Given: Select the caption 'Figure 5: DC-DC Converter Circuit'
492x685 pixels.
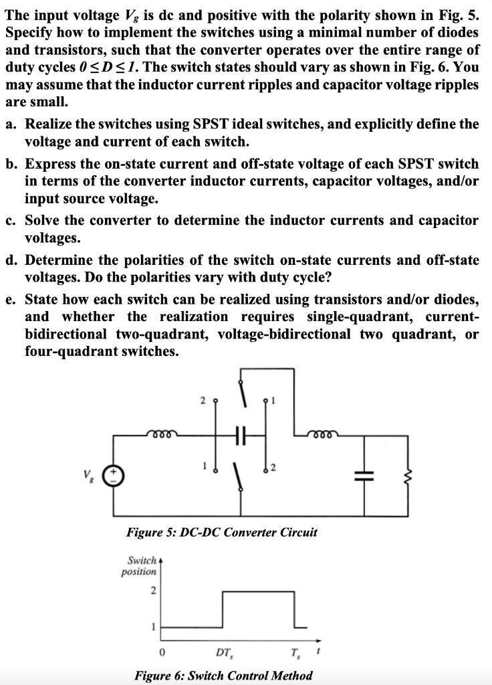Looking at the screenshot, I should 222,533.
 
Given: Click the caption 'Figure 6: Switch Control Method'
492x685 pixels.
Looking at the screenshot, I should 223,675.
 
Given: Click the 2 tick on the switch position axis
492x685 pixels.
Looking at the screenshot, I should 153,591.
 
